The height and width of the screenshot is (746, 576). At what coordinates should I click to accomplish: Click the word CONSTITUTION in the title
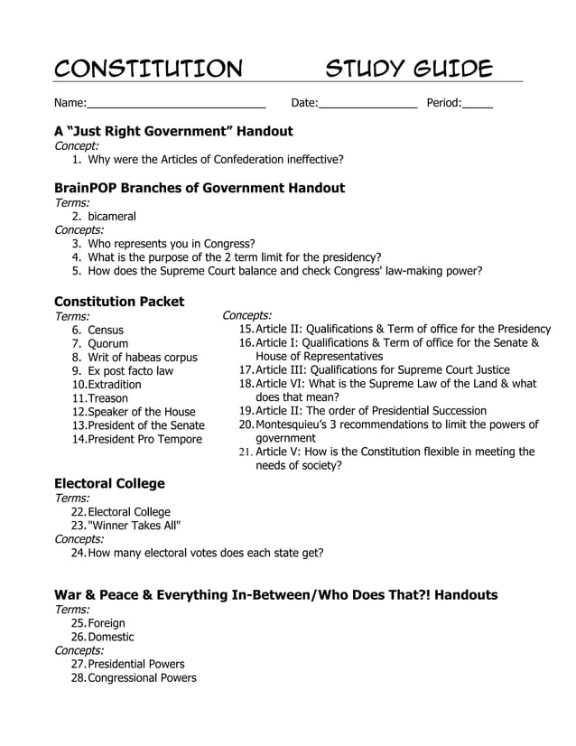(149, 69)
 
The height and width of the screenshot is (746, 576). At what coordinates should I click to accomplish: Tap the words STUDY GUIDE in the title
(409, 69)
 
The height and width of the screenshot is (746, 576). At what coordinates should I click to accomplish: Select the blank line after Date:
(367, 105)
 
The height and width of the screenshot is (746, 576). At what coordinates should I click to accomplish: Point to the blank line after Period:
(478, 105)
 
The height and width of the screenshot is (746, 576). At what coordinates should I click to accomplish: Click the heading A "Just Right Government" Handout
(173, 131)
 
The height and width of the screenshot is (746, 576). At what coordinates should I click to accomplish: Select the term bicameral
(112, 217)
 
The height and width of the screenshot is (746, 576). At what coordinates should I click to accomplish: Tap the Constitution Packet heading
(119, 302)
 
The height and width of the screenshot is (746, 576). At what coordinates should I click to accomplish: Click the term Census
(106, 331)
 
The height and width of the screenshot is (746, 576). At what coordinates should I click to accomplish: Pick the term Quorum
(107, 344)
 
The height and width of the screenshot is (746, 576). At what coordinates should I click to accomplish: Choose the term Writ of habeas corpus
(142, 358)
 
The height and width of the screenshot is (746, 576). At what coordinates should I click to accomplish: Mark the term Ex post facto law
(130, 371)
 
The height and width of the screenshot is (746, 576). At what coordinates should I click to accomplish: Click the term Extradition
(114, 385)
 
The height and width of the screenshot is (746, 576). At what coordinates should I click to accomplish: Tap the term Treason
(107, 398)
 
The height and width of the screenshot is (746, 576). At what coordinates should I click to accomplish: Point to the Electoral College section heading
(109, 483)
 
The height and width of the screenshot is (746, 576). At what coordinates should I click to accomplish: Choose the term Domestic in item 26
(111, 637)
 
